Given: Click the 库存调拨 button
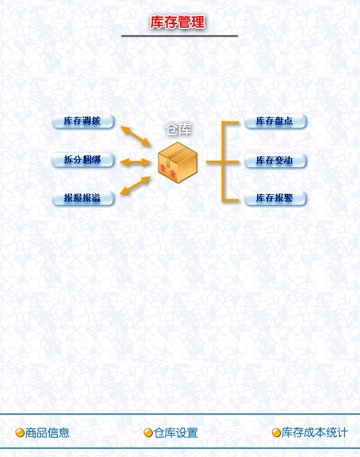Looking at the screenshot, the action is [83, 121].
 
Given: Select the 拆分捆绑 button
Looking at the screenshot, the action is [83, 160].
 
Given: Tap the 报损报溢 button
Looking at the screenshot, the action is [83, 199].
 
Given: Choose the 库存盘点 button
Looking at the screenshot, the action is [275, 121].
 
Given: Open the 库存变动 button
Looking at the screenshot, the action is [275, 160].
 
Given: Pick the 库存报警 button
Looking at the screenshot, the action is [275, 199].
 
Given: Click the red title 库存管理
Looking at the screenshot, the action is [178, 22].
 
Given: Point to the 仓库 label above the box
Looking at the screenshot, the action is [178, 130].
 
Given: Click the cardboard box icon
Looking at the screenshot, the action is [178, 162].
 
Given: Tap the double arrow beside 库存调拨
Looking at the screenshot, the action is [136, 136].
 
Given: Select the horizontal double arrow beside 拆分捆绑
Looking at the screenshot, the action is [135, 162].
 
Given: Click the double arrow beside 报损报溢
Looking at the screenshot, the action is [135, 186].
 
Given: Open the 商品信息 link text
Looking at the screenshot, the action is [47, 433].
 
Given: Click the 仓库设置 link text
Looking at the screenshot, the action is [176, 433].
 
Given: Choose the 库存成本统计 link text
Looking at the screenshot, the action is [314, 432].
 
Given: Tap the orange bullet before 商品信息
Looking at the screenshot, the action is [20, 433].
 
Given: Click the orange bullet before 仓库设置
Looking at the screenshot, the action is [148, 433].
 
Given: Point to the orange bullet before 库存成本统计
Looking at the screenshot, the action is [276, 433].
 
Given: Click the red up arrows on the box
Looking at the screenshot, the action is [168, 171].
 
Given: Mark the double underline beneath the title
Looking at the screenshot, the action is [180, 36].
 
